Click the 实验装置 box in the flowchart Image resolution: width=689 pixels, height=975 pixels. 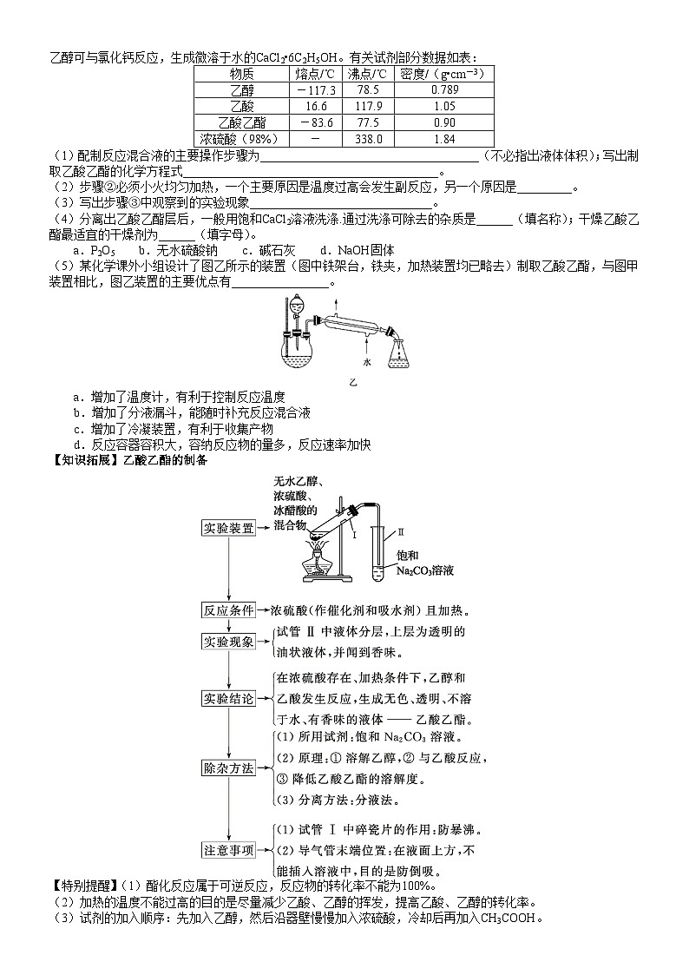228,529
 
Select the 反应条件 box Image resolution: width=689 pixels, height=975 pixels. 228,609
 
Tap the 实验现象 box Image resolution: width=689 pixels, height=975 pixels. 228,642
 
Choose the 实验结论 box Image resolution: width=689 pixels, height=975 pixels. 228,699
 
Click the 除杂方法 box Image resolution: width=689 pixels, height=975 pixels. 228,768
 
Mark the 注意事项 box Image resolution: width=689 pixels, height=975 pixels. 228,850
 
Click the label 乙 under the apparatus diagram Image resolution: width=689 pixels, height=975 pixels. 353,381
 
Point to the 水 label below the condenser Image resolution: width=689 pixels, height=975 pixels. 366,361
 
